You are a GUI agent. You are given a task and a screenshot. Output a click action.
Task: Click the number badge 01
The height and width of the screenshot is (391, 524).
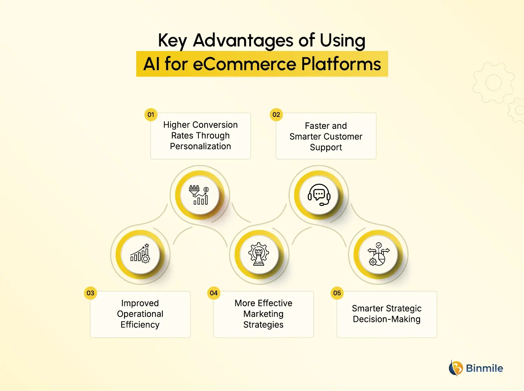(x=151, y=115)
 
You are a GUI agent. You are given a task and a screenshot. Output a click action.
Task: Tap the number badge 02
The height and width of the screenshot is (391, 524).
(x=276, y=115)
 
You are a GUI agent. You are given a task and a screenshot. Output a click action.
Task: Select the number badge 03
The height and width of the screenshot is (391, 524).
(x=90, y=293)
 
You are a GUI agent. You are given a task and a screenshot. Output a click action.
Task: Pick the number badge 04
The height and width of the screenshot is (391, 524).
(x=214, y=293)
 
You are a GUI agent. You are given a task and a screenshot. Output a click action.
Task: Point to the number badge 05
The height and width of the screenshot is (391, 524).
(x=337, y=293)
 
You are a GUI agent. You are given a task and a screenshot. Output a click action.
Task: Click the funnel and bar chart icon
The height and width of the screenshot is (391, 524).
(x=199, y=195)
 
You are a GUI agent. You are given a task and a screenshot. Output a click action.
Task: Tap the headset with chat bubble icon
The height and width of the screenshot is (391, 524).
(x=319, y=195)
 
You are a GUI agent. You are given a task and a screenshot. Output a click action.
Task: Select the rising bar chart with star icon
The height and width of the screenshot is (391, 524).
(x=140, y=254)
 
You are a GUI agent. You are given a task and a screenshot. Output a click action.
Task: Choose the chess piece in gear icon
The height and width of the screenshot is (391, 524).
(x=259, y=254)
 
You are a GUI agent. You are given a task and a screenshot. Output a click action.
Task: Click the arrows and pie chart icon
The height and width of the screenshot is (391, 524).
(x=378, y=254)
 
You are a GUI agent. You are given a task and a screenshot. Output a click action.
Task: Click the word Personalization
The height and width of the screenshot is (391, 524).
(x=201, y=146)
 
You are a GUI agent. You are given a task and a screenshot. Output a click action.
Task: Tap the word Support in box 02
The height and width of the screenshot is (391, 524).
(x=326, y=147)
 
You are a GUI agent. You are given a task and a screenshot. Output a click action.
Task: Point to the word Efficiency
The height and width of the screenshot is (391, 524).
(x=140, y=325)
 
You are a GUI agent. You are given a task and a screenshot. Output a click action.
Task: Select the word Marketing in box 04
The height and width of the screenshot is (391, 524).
(x=263, y=314)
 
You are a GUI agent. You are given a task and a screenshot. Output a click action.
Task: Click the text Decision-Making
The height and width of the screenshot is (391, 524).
(x=387, y=319)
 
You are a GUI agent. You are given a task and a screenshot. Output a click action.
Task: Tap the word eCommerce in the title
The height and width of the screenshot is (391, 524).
(x=245, y=64)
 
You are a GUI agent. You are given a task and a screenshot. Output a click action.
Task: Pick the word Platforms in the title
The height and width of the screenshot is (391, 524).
(x=341, y=64)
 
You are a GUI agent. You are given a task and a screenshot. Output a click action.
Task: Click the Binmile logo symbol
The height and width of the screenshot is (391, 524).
(x=456, y=368)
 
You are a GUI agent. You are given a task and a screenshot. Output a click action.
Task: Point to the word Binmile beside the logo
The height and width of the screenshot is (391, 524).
(x=485, y=368)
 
